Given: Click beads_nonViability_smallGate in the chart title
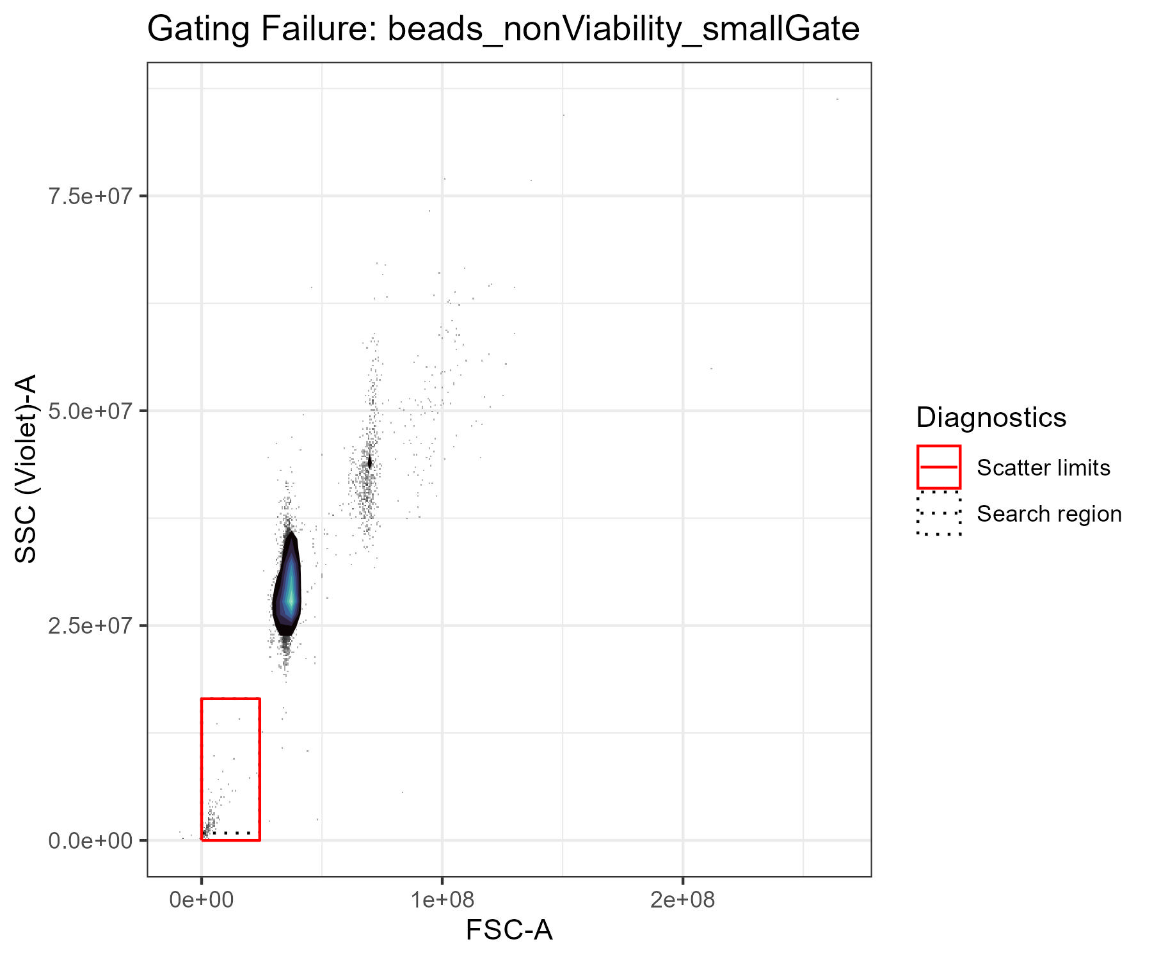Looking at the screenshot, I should [x=623, y=29].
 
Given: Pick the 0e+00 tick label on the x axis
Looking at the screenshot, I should [x=202, y=900].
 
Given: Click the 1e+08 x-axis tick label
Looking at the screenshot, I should [x=442, y=900].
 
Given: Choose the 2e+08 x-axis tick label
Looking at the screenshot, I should [x=683, y=900].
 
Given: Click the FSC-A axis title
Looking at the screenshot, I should [x=509, y=931].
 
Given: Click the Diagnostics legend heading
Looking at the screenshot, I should [x=991, y=417].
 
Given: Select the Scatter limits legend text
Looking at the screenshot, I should [x=1043, y=468].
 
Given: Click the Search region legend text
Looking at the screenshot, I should [x=1049, y=514].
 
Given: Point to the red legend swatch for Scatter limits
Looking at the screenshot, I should [x=939, y=467].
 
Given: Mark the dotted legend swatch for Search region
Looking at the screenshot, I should [x=939, y=513].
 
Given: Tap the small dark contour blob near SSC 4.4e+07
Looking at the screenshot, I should [x=369, y=463].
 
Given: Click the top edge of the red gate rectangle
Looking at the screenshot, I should [x=230, y=699].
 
